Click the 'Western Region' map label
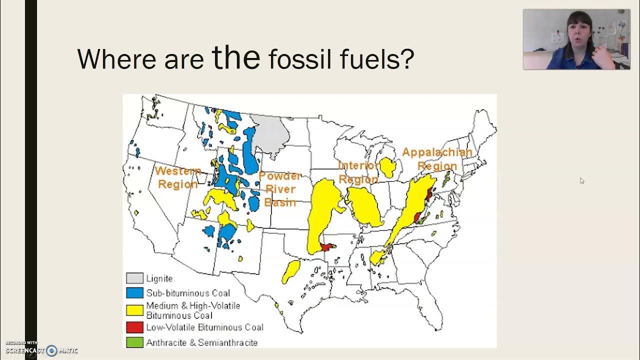click(x=177, y=177)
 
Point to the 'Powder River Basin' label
click(x=280, y=189)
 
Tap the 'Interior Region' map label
click(x=358, y=172)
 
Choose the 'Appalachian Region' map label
click(x=437, y=158)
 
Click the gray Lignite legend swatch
click(x=134, y=278)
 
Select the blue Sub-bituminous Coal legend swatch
click(x=134, y=293)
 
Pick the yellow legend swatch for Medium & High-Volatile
click(x=134, y=310)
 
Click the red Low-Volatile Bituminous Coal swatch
click(x=134, y=327)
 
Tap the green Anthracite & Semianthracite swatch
click(x=134, y=342)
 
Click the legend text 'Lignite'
click(x=159, y=278)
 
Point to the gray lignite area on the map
click(x=270, y=131)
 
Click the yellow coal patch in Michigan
click(x=387, y=167)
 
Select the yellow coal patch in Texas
click(x=290, y=271)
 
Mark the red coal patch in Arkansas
click(x=327, y=247)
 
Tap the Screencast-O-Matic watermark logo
click(x=51, y=350)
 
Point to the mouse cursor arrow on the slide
click(x=582, y=180)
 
